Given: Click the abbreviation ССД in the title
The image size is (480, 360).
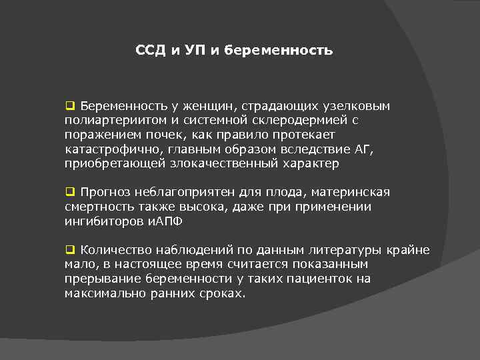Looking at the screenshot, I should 151,50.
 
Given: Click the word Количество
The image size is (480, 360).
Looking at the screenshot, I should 113,250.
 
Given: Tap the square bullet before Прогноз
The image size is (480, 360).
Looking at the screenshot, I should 69,192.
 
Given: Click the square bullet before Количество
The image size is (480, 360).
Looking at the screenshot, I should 69,250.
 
